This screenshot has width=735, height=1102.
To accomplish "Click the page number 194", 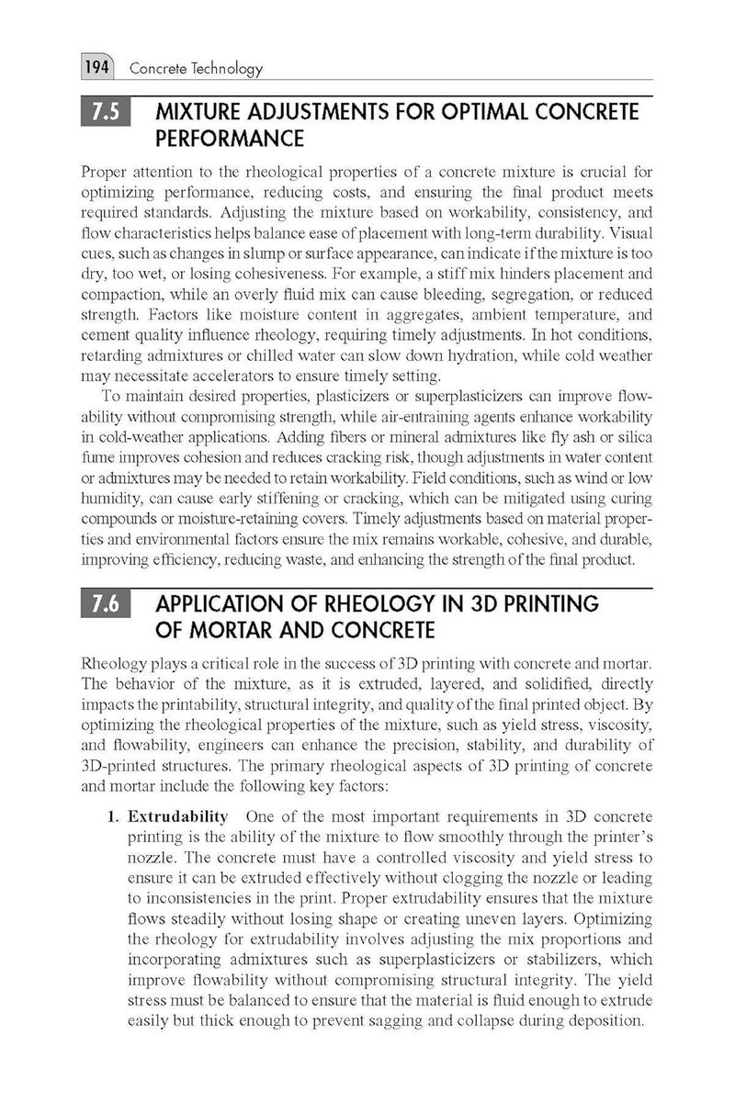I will coord(96,68).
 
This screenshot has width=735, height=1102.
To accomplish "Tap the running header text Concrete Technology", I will coord(196,68).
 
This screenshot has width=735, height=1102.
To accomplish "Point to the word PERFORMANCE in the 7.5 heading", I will coord(230,140).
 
